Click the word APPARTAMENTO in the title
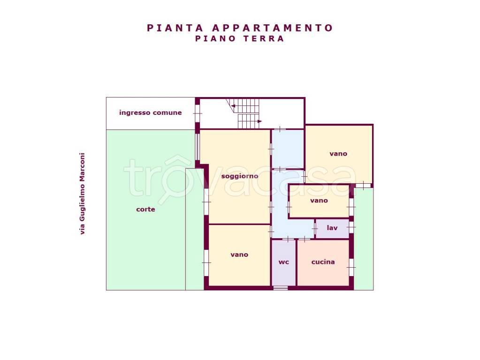[272, 28]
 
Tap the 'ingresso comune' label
[150, 112]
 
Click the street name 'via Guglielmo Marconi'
[82, 194]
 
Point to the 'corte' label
[146, 209]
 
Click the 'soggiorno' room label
[240, 176]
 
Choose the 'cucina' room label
[323, 262]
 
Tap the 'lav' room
[332, 228]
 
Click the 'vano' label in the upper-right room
[338, 154]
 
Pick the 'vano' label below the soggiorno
[239, 255]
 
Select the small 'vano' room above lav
[319, 201]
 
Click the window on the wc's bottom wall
[281, 288]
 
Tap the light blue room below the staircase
[288, 149]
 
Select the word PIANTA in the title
[175, 28]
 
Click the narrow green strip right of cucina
[364, 239]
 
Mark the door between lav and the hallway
[315, 228]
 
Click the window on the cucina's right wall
[351, 267]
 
